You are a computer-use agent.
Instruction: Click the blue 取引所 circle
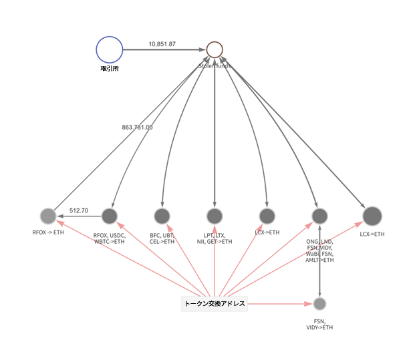(x=110, y=49)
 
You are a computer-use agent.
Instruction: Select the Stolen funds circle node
(x=215, y=49)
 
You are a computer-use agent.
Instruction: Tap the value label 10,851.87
(x=162, y=44)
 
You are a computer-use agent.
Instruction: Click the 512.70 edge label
(x=79, y=210)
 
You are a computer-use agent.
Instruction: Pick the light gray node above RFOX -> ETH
(x=47, y=216)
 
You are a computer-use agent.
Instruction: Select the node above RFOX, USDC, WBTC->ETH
(x=110, y=216)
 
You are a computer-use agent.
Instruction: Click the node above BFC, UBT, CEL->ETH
(x=162, y=216)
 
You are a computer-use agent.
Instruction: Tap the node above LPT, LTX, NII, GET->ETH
(x=215, y=216)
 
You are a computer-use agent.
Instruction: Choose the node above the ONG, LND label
(x=320, y=216)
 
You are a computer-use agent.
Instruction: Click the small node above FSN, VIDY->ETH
(x=319, y=304)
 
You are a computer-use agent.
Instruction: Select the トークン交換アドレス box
(x=215, y=304)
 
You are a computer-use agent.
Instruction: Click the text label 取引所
(x=110, y=68)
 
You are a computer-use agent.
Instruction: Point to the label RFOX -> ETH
(x=48, y=233)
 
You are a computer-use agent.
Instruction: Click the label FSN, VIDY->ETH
(x=319, y=324)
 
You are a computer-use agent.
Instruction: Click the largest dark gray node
(x=372, y=216)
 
